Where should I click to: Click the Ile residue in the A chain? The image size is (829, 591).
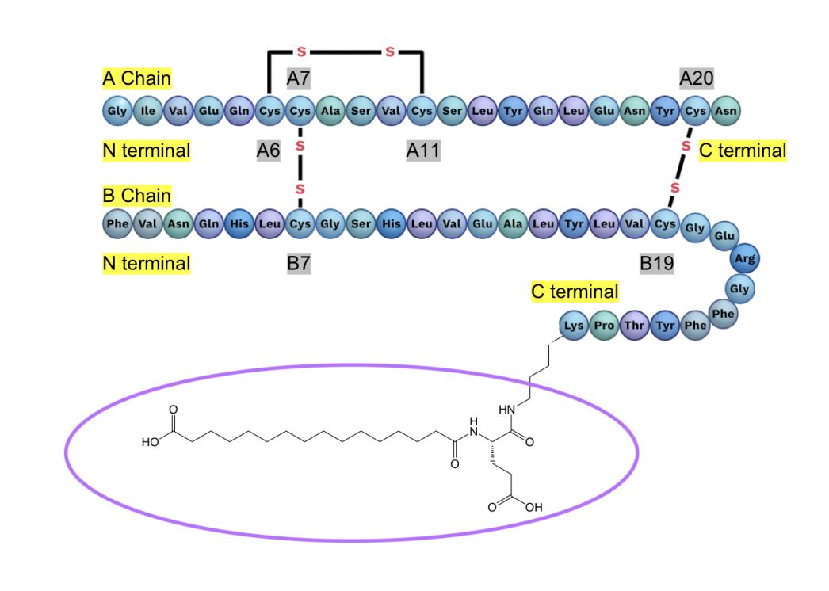tap(147, 111)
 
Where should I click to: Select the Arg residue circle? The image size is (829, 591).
tap(744, 258)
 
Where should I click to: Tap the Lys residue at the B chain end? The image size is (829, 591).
tap(573, 325)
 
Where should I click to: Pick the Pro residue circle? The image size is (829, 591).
tap(604, 325)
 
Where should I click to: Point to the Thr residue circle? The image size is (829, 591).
tap(634, 325)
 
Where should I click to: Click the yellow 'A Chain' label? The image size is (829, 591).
tap(136, 78)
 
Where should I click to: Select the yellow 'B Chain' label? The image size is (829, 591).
tap(136, 195)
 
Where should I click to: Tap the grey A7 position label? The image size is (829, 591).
tap(299, 78)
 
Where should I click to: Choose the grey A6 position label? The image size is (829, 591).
tap(268, 151)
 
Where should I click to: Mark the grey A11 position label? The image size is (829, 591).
tap(422, 151)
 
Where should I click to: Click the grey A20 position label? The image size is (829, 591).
tap(696, 78)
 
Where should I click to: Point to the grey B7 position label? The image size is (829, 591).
tap(298, 263)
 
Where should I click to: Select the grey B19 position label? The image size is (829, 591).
tap(656, 263)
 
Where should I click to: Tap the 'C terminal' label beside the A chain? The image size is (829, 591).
tap(742, 151)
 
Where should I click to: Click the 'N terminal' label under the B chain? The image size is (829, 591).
tap(147, 263)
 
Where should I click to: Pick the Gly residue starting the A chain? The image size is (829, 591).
tap(117, 111)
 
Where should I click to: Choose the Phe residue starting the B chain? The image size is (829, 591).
tap(117, 224)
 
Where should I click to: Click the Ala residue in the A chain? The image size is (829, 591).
tap(330, 111)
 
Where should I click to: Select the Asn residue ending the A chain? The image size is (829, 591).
tap(726, 111)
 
